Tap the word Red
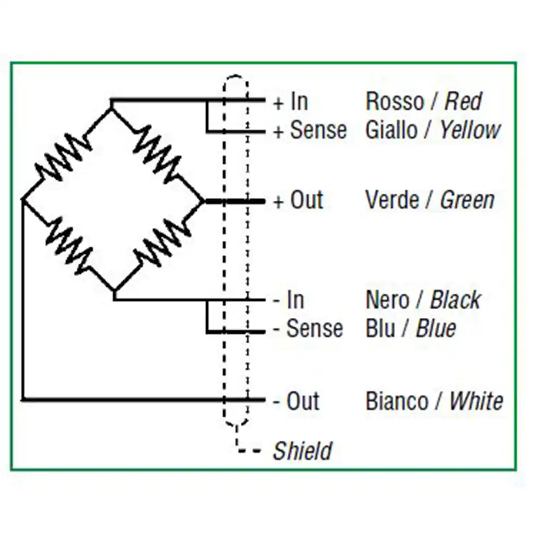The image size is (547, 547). point(463,102)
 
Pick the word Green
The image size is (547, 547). point(467,201)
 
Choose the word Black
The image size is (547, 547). point(455,300)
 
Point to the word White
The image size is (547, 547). point(476,401)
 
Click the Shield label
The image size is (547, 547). point(302,451)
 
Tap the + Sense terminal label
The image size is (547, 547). point(310,131)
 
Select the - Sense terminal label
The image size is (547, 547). point(307,329)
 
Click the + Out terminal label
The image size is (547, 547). point(298,201)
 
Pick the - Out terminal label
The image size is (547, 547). point(296,401)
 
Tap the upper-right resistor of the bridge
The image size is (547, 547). point(158,150)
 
